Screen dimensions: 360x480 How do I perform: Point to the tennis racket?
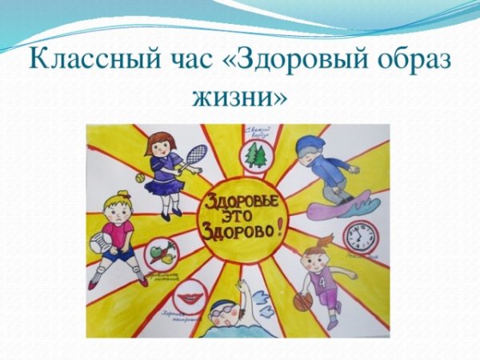tap(194, 154)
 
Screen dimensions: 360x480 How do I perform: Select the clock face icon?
tap(358, 237)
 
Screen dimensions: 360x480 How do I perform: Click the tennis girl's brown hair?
tap(160, 140)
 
